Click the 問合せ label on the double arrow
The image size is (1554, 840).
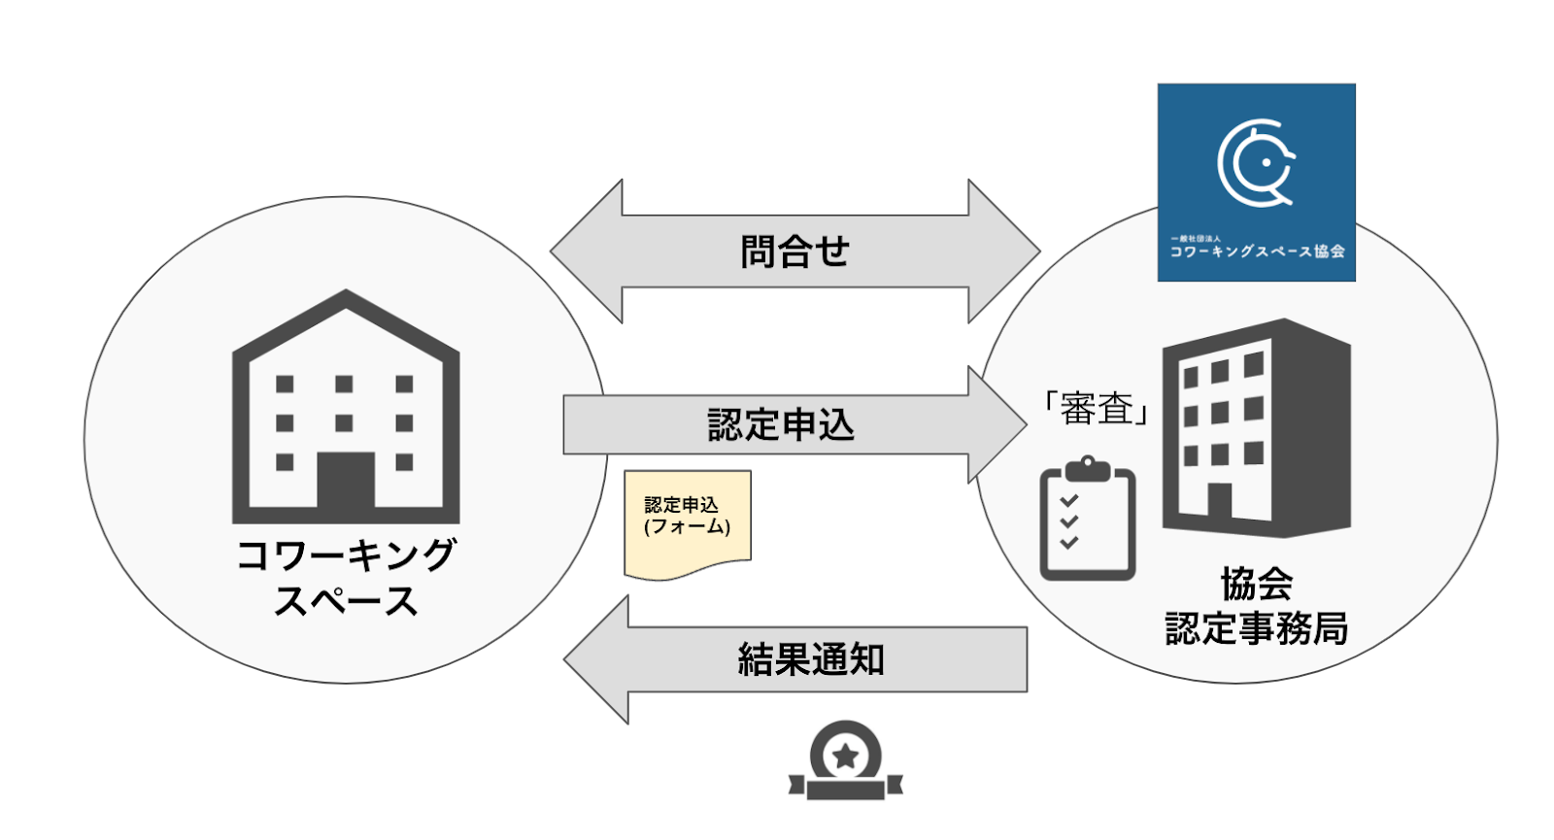pyautogui.click(x=794, y=252)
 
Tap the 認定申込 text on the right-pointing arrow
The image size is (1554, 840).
pyautogui.click(x=781, y=425)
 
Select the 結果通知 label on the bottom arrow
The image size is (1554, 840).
pyautogui.click(x=811, y=659)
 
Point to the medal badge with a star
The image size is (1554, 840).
pyautogui.click(x=846, y=762)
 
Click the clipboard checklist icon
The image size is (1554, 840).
pyautogui.click(x=1087, y=521)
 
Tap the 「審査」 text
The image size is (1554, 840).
pyautogui.click(x=1097, y=408)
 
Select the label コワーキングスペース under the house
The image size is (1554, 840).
pyautogui.click(x=346, y=579)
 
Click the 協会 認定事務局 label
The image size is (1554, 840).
pyautogui.click(x=1256, y=606)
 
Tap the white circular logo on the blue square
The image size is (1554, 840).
pyautogui.click(x=1256, y=163)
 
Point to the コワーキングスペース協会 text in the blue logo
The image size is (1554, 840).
pyautogui.click(x=1256, y=252)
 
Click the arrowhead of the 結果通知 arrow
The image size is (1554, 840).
pyautogui.click(x=597, y=659)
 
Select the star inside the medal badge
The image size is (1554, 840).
pyautogui.click(x=846, y=755)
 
